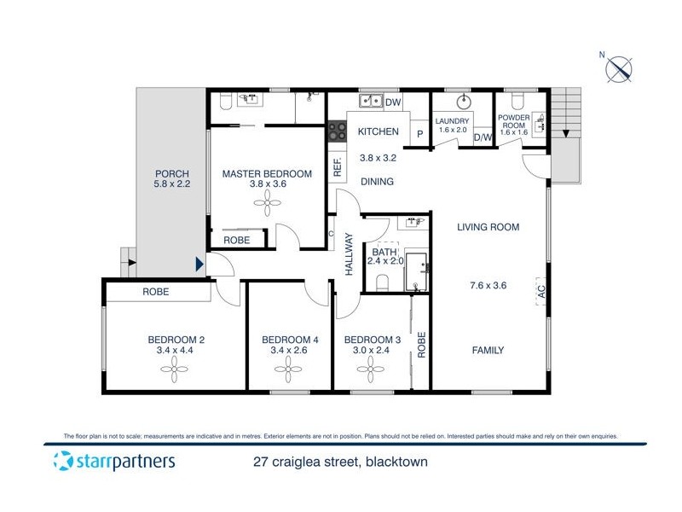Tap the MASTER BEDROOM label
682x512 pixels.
click(x=267, y=174)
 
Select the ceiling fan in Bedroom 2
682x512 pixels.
click(x=175, y=369)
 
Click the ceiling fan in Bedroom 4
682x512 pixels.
click(x=288, y=369)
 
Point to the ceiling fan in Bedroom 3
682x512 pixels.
click(x=371, y=369)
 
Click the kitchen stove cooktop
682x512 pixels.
click(x=338, y=131)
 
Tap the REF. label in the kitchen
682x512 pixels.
click(x=338, y=167)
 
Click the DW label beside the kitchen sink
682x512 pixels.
click(x=393, y=103)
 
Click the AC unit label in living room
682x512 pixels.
click(x=540, y=292)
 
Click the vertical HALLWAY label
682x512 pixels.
click(x=349, y=253)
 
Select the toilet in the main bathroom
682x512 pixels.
click(x=383, y=282)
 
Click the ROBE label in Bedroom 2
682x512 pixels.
click(x=157, y=292)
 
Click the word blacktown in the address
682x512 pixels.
click(x=396, y=463)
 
